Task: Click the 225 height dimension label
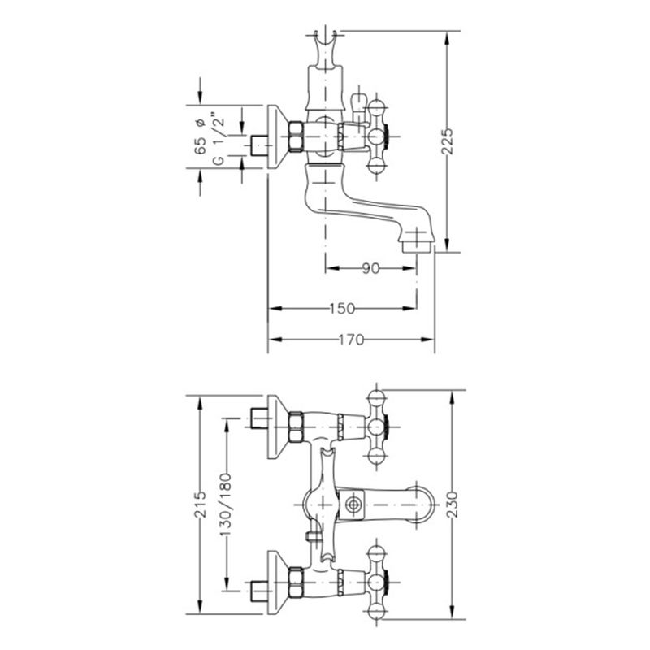[448, 141]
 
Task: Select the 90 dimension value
[370, 269]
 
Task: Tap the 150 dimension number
[342, 309]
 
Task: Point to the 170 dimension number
[351, 340]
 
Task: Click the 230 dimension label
[453, 504]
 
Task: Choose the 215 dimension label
[201, 504]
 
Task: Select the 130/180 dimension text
[226, 505]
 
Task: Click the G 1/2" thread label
[219, 138]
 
